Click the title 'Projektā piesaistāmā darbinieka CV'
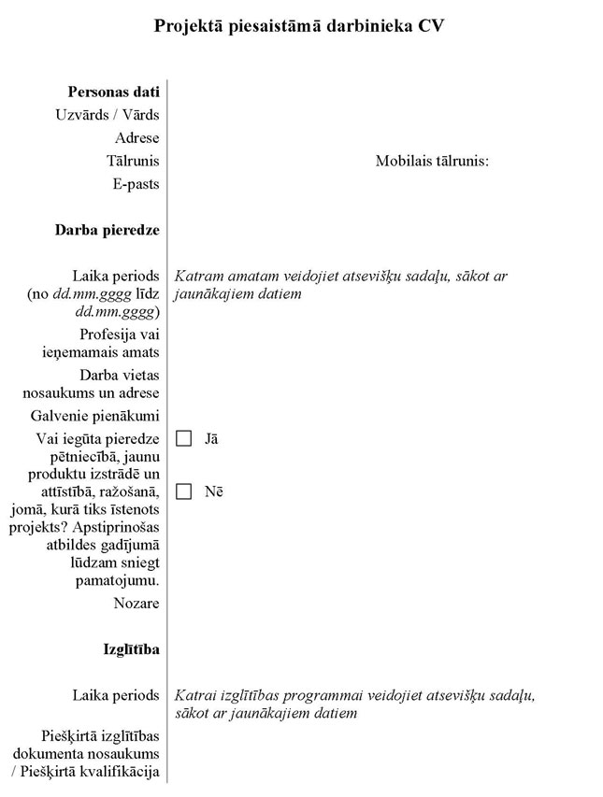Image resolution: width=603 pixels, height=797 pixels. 298,26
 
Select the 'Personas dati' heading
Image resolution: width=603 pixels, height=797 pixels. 113,92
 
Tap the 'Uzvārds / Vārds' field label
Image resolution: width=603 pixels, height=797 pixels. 108,115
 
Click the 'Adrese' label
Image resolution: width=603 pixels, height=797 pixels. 137,138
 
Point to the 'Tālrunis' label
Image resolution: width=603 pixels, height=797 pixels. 133,161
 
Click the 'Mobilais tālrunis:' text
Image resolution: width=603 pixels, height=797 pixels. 433,161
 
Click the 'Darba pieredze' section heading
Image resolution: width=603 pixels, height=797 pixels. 107,230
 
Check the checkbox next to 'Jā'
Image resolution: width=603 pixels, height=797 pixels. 184,439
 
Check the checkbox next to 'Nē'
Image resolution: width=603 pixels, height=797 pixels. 184,491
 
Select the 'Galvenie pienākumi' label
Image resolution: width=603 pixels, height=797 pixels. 107,416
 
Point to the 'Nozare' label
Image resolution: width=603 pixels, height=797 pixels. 136,604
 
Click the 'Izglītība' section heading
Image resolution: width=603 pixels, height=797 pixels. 131,649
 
